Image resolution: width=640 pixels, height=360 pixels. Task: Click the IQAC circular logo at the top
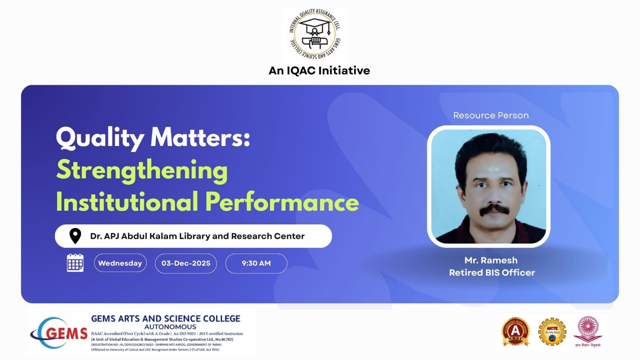pos(315,34)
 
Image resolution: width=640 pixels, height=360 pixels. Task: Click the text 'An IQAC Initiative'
pos(319,71)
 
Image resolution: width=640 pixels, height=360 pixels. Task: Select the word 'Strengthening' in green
pos(142,170)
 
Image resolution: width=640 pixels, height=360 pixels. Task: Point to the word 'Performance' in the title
pos(282,202)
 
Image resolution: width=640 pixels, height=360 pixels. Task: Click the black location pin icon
pos(75,236)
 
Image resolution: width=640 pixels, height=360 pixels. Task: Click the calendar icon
pos(75,263)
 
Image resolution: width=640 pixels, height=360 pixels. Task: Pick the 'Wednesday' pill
pos(120,263)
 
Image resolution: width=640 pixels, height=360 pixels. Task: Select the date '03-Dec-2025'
pos(186,263)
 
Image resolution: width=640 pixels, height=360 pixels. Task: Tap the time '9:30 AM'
pos(256,263)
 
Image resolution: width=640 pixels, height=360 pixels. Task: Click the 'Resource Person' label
pos(491,116)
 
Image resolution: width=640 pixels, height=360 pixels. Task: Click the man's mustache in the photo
pos(495,210)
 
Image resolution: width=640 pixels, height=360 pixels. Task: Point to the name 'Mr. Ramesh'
pos(491,260)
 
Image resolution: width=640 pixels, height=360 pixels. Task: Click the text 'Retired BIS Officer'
pos(492,273)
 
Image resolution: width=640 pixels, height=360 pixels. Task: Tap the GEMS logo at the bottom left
pos(59,333)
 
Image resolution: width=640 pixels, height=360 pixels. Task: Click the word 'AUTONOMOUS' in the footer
pos(170,327)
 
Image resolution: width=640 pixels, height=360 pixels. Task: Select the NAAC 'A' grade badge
pos(515,332)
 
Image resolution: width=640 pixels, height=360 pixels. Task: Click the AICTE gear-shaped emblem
pos(552,332)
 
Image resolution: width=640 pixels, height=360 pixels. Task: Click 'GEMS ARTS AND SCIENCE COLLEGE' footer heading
pos(166,319)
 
